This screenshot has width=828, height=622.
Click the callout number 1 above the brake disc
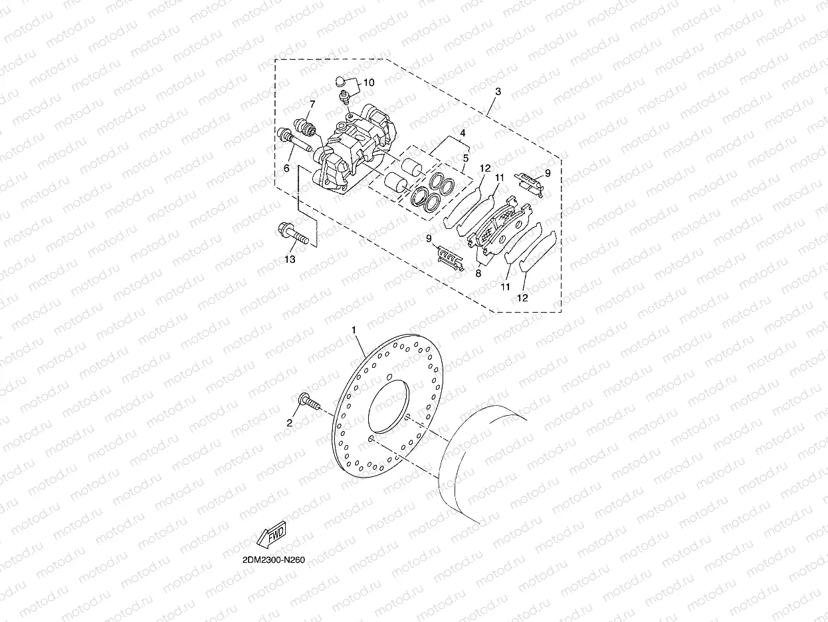tap(354, 330)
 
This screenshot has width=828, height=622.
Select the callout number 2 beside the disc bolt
tap(290, 422)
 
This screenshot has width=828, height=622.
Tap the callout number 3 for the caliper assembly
tap(498, 90)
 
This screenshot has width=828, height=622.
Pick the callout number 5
tap(465, 158)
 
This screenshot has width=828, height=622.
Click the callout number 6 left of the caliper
tap(286, 168)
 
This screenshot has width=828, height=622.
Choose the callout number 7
tap(312, 104)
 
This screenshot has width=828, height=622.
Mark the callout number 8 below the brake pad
tap(478, 273)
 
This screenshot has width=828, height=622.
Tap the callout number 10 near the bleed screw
tap(369, 83)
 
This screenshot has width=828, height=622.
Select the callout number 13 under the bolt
tap(290, 259)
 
